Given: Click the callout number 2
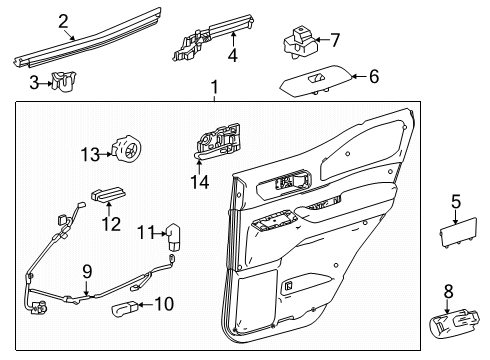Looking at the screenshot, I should [x=63, y=19].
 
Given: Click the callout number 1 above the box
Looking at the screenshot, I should [x=212, y=91].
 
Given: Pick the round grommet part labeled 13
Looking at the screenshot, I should [x=127, y=151].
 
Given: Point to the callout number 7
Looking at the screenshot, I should [x=335, y=41].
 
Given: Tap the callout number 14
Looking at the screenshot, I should [x=201, y=182].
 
